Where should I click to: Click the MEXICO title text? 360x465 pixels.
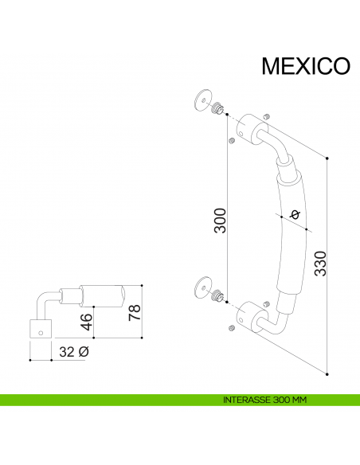point(306,66)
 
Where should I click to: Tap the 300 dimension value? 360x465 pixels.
point(220,221)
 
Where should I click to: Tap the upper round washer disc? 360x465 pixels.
point(202,102)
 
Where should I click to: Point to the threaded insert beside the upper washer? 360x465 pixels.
point(217,107)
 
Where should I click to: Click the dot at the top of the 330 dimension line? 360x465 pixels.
point(327,158)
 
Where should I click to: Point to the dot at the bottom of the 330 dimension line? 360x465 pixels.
point(327,372)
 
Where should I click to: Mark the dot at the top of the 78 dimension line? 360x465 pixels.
point(142,285)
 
